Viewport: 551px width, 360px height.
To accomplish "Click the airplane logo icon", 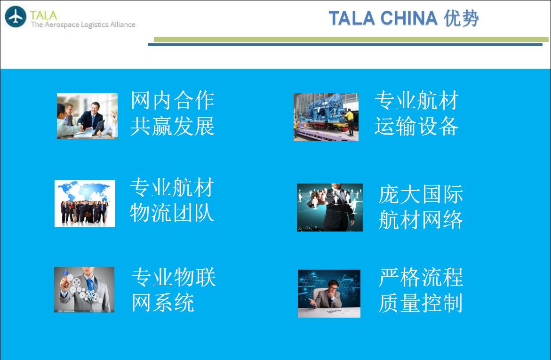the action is pyautogui.click(x=16, y=16).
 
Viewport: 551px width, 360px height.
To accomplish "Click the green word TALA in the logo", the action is pyautogui.click(x=44, y=15).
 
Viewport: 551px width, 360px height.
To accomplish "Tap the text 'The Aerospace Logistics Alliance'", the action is pyautogui.click(x=83, y=24).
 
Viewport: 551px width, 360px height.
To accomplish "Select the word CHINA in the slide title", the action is pyautogui.click(x=409, y=18).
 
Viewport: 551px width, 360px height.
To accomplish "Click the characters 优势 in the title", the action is pyautogui.click(x=461, y=18).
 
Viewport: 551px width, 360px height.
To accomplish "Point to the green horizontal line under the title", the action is pyautogui.click(x=351, y=40).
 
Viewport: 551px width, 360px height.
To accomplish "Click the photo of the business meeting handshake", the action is pyautogui.click(x=87, y=116).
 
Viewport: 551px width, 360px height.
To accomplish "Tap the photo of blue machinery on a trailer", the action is pyautogui.click(x=326, y=117).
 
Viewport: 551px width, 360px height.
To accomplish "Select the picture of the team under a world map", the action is pyautogui.click(x=85, y=204).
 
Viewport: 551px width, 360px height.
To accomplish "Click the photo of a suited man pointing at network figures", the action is pyautogui.click(x=330, y=208).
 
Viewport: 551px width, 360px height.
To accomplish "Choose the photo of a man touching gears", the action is pyautogui.click(x=84, y=290).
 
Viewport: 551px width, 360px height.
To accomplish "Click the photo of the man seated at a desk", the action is pyautogui.click(x=329, y=294).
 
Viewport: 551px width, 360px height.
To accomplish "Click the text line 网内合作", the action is pyautogui.click(x=173, y=101).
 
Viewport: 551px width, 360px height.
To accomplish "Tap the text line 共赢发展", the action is pyautogui.click(x=173, y=126).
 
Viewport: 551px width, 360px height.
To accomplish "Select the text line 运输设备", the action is pyautogui.click(x=417, y=126).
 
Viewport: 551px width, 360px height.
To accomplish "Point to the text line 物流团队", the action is pyautogui.click(x=172, y=213).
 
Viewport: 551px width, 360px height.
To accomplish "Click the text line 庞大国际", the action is pyautogui.click(x=421, y=194).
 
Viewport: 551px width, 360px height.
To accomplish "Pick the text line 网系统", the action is pyautogui.click(x=163, y=303).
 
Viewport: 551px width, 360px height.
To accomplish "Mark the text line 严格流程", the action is pyautogui.click(x=421, y=277).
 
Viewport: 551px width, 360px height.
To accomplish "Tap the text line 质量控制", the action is pyautogui.click(x=421, y=303).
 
